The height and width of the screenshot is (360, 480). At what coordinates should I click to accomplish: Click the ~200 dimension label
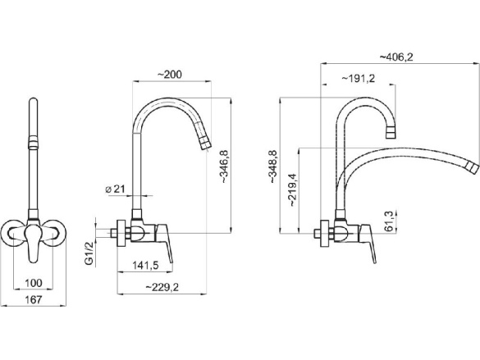[x=169, y=75]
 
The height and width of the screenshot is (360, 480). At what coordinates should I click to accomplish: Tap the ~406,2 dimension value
[x=396, y=57]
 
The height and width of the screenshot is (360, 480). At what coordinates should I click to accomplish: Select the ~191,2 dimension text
[x=359, y=79]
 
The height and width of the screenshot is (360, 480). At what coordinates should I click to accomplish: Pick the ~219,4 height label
[x=293, y=190]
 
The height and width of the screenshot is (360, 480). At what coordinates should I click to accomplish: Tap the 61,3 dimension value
[x=388, y=221]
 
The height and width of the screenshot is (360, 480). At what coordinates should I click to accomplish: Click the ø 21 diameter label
[x=115, y=189]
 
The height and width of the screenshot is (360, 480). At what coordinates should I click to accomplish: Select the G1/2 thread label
[x=89, y=253]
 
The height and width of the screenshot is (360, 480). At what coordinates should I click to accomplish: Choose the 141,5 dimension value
[x=145, y=266]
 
